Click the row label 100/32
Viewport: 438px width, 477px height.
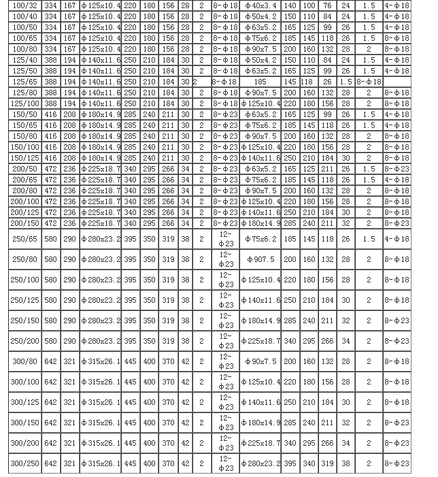click(24, 5)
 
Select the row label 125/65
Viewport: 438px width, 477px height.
click(24, 82)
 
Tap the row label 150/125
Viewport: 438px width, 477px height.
click(24, 158)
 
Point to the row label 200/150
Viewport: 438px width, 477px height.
click(24, 223)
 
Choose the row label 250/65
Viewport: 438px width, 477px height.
click(24, 239)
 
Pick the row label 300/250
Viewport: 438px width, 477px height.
click(24, 463)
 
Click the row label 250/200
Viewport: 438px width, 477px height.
click(24, 341)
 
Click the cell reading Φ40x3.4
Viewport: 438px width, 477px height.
click(260, 5)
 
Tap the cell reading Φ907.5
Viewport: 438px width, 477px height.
click(260, 259)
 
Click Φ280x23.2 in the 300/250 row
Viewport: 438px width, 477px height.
click(260, 463)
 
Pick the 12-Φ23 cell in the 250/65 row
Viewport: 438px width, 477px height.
click(226, 239)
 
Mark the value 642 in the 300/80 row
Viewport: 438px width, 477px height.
click(51, 361)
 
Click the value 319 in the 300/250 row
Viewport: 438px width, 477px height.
click(327, 463)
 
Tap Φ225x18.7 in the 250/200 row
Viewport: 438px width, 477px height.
click(260, 341)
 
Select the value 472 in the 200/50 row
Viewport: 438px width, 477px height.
click(51, 169)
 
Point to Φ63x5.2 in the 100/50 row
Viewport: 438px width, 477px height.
click(260, 27)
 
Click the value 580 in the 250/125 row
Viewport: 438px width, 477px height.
click(51, 300)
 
